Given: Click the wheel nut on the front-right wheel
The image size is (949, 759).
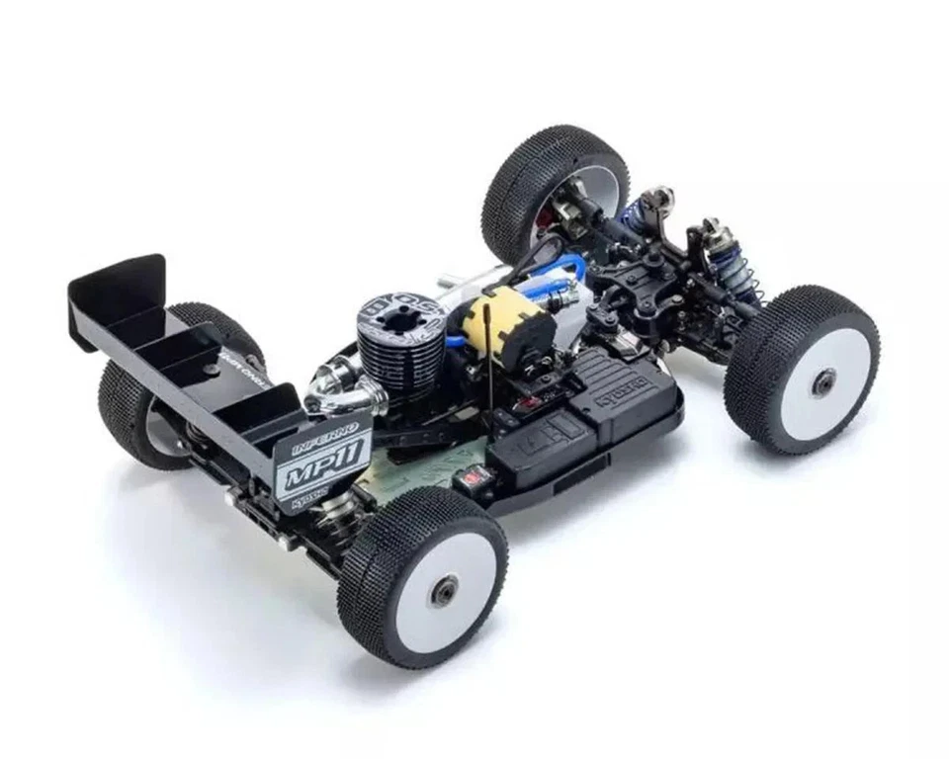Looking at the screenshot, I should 822,381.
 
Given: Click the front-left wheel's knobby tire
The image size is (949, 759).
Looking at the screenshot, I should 554,168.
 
